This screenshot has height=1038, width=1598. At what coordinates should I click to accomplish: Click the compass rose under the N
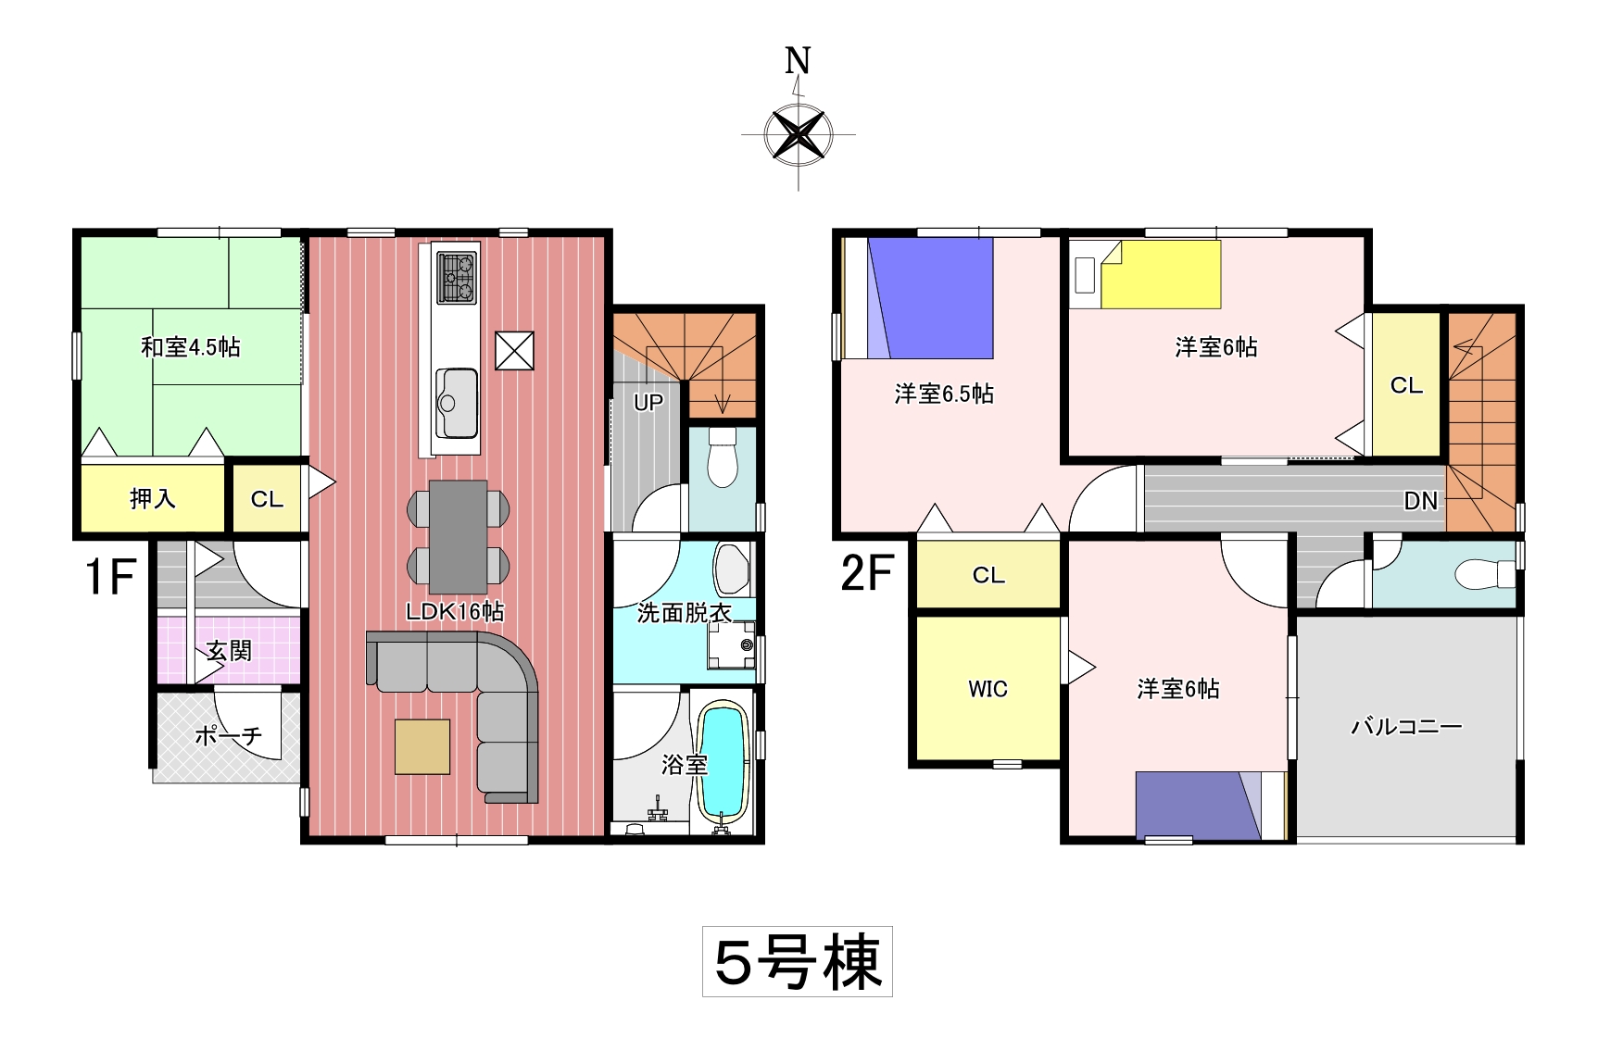click(798, 135)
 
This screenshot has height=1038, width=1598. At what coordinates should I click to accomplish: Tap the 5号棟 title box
click(798, 961)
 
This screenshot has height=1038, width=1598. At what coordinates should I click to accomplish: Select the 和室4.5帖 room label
click(191, 347)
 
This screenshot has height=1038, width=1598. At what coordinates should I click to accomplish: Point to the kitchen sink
click(457, 403)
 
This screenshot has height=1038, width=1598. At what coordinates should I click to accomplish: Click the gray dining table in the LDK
click(458, 536)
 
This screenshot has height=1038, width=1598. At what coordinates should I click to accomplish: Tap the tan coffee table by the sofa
click(422, 746)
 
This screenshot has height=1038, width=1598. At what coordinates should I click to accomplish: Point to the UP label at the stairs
click(648, 403)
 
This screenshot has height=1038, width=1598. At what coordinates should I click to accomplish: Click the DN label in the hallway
click(1421, 501)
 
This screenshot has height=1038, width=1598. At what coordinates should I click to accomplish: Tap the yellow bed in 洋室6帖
click(1161, 275)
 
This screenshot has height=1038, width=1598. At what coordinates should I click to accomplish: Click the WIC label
click(988, 689)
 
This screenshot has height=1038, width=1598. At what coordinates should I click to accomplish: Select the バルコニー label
click(1406, 726)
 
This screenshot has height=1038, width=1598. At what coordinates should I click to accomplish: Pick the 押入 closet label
click(153, 499)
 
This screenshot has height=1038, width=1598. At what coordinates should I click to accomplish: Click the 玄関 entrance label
click(229, 651)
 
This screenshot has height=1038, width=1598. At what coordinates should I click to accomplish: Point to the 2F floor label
click(867, 573)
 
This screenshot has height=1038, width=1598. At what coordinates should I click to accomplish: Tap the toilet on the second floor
click(1484, 574)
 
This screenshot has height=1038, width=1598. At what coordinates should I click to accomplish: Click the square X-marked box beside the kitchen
click(514, 351)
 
